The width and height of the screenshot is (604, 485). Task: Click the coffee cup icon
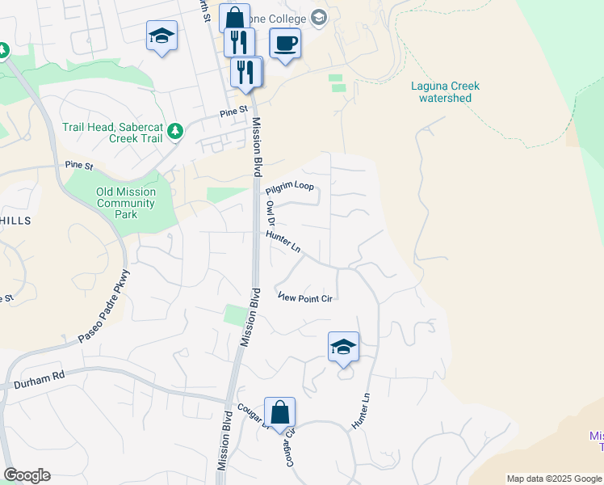[x=284, y=42]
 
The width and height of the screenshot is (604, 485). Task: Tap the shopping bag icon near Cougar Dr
[x=279, y=412]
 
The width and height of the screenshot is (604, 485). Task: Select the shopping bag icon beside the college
[x=234, y=18]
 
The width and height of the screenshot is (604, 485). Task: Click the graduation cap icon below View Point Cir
[x=343, y=348]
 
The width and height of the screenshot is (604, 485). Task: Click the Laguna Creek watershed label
[x=445, y=92]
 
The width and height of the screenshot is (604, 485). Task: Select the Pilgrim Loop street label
[x=290, y=187]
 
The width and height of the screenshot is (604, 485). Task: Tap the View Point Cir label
[x=305, y=297]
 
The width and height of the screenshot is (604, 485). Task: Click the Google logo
[x=27, y=475]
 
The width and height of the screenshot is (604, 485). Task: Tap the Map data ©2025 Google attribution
[x=554, y=479]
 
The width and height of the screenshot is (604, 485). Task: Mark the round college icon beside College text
[x=319, y=18]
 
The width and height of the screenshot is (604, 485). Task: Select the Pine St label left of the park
[x=79, y=165]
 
